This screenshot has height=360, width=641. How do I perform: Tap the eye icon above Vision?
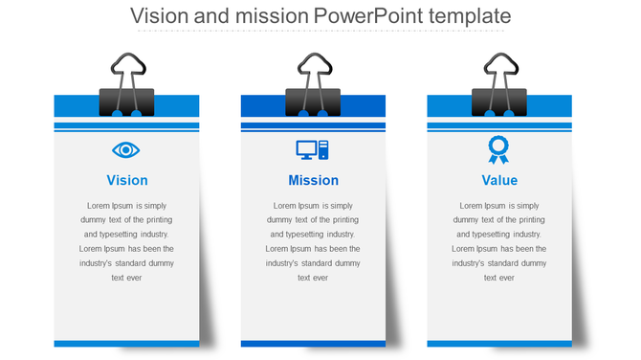click(x=126, y=149)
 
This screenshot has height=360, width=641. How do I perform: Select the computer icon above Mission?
click(x=313, y=149)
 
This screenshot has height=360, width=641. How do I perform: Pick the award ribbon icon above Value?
click(x=498, y=149)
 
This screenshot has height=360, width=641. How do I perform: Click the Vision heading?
click(x=127, y=180)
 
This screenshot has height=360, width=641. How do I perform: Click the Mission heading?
click(x=313, y=180)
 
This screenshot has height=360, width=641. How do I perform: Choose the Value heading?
click(x=499, y=180)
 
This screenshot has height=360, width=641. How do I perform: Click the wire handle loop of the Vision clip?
click(x=126, y=68)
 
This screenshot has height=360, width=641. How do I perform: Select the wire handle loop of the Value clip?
click(x=499, y=68)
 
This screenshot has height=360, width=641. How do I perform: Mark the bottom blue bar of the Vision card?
click(x=126, y=343)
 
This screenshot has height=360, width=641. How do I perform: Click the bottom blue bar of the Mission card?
click(x=313, y=343)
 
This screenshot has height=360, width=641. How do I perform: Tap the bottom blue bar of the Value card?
click(x=499, y=343)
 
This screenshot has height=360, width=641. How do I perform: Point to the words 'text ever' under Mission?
click(x=313, y=278)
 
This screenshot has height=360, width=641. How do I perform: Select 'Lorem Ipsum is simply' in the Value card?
click(x=499, y=205)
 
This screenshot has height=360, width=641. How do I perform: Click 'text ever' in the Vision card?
click(x=126, y=278)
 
